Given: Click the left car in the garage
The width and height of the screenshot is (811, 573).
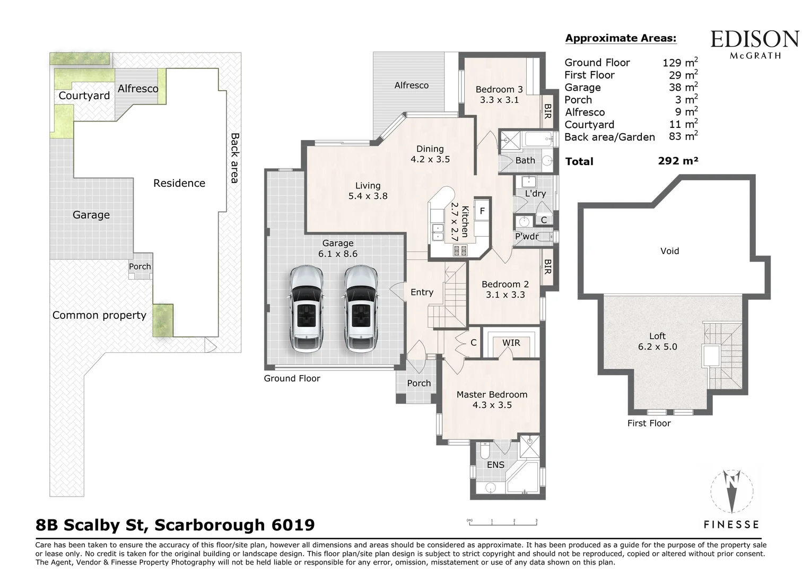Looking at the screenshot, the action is point(306,309).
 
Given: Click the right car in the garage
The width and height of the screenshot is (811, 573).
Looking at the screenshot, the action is point(361,309).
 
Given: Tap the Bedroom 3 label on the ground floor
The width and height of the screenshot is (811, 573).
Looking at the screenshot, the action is point(499,94).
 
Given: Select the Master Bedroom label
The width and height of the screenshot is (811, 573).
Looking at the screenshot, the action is point(492,400).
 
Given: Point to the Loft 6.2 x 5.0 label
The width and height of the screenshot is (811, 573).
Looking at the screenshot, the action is point(657,341).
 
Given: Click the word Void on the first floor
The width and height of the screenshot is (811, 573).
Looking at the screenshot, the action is point(669,251).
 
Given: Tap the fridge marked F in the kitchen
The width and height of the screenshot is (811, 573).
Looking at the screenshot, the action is point(482,211).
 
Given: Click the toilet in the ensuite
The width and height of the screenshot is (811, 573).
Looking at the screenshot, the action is point(484,452).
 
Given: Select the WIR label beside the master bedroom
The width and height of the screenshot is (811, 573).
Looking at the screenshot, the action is point(511,343).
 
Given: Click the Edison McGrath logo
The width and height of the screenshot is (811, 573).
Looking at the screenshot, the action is point(754,44).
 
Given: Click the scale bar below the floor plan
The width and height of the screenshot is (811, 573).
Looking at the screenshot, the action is point(503,523).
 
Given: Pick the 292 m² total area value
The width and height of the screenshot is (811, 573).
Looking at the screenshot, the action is point(678,161).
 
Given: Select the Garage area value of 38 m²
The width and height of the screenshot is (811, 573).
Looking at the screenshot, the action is point(683,88).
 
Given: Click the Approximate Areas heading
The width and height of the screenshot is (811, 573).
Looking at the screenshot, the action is point(621,38).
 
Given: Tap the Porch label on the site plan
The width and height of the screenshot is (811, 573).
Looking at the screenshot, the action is point(140,266).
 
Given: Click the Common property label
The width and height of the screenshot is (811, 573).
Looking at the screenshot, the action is point(99,315).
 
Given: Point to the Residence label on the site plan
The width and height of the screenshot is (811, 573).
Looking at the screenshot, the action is point(179,183).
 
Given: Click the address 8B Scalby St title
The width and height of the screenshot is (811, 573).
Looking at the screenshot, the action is point(175,525).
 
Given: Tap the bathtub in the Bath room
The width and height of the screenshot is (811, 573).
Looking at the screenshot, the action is point(538,140).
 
